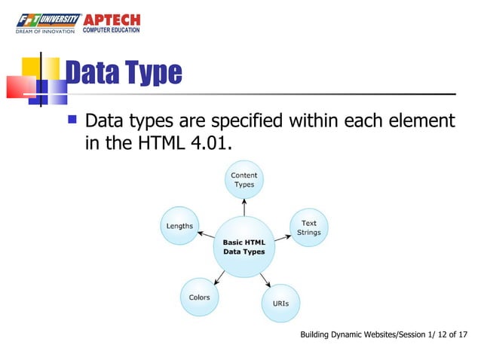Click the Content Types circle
point(244,180)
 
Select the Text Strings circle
point(309,227)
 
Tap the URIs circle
point(280,304)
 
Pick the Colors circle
point(199,297)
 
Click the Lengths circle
point(179,226)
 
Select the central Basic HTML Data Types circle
point(244,247)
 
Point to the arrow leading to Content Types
point(244,208)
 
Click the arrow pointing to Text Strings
point(282,236)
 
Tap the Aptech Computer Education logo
point(115,23)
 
